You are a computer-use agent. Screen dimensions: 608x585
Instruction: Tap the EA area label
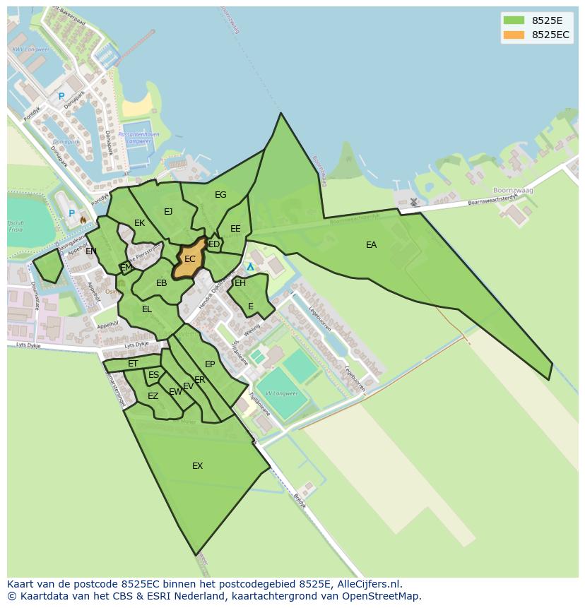click(371, 245)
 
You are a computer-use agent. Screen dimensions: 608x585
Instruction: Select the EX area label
click(198, 465)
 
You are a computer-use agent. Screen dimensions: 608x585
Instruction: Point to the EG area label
click(220, 195)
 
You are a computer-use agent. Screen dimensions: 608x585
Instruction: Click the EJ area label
click(168, 211)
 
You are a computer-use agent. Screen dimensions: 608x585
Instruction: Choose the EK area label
click(139, 223)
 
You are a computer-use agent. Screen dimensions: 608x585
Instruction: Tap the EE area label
click(235, 229)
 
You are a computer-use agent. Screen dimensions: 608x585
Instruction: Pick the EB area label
click(162, 283)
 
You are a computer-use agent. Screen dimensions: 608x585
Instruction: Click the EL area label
click(147, 309)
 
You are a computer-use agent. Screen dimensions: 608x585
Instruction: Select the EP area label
click(210, 364)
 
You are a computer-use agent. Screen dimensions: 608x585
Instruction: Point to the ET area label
click(133, 364)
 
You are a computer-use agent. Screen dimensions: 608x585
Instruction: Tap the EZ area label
click(153, 396)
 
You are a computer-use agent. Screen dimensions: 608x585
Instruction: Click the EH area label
click(240, 283)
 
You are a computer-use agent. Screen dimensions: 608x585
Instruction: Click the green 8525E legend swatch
click(514, 20)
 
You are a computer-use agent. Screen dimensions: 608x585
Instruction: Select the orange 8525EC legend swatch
click(514, 35)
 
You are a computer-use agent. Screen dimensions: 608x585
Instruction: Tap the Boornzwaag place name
click(512, 191)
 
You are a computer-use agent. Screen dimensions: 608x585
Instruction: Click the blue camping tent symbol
click(250, 267)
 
